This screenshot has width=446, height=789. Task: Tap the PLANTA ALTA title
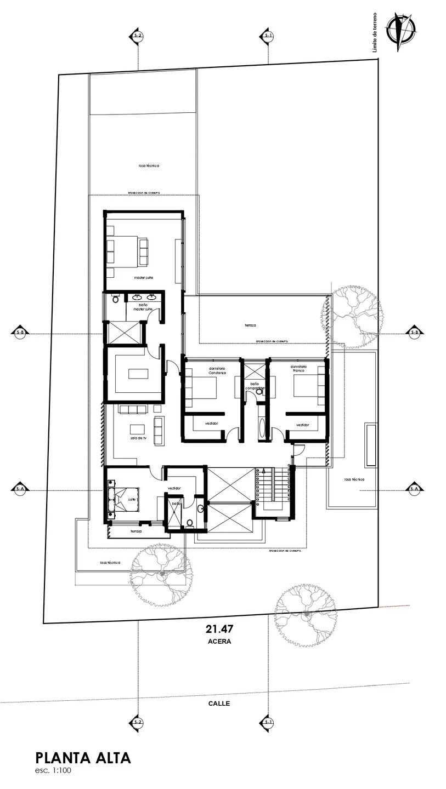pyautogui.click(x=83, y=758)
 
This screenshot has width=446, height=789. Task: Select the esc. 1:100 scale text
pyautogui.click(x=53, y=770)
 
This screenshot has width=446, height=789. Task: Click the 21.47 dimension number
pyautogui.click(x=216, y=629)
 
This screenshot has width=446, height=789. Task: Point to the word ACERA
pyautogui.click(x=219, y=641)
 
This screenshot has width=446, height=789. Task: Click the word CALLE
pyautogui.click(x=219, y=704)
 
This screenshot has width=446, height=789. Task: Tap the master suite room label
pyautogui.click(x=144, y=278)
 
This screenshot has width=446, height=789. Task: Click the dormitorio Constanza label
pyautogui.click(x=217, y=371)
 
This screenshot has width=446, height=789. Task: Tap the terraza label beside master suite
pyautogui.click(x=250, y=325)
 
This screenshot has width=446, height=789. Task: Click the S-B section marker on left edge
pyautogui.click(x=20, y=332)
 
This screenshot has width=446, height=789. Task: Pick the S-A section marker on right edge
pyautogui.click(x=414, y=488)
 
